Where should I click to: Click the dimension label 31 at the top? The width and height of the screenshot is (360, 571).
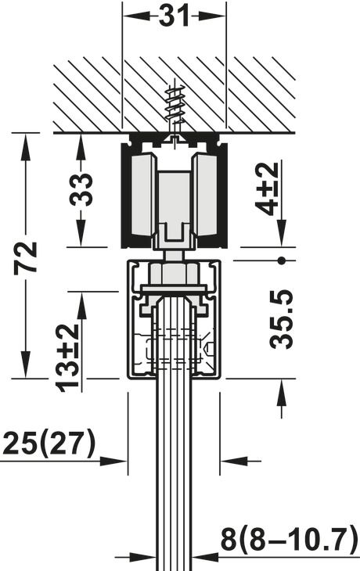pyautogui.click(x=175, y=15)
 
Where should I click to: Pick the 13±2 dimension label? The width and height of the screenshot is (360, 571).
pyautogui.click(x=69, y=356)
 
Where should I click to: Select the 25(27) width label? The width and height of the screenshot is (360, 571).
pyautogui.click(x=49, y=444)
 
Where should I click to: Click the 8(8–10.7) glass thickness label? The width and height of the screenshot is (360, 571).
pyautogui.click(x=287, y=539)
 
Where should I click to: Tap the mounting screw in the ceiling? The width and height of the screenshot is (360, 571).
pyautogui.click(x=175, y=110)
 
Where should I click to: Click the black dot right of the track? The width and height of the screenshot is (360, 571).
pyautogui.click(x=281, y=259)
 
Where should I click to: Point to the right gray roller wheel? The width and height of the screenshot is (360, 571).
pyautogui.click(x=206, y=196)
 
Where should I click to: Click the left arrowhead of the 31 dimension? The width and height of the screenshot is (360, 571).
pyautogui.click(x=130, y=15)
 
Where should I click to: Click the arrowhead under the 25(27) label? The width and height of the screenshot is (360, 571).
pyautogui.click(x=118, y=461)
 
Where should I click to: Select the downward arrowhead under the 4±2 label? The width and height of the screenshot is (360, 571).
pyautogui.click(x=281, y=238)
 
